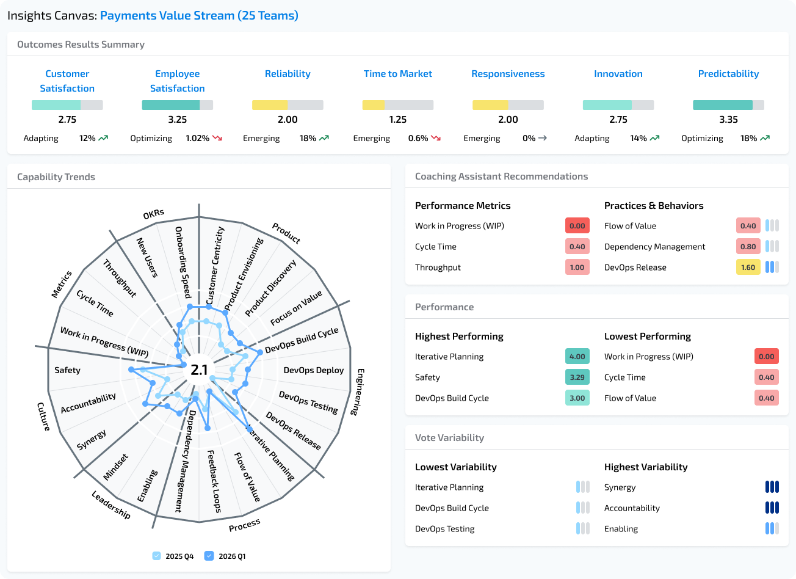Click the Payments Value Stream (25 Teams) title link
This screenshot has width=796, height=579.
pyautogui.click(x=199, y=15)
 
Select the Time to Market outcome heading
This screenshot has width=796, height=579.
pyautogui.click(x=397, y=74)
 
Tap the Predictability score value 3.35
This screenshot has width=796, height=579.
pyautogui.click(x=728, y=120)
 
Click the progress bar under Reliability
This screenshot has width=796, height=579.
pyautogui.click(x=288, y=105)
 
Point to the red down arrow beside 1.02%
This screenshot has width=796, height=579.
pyautogui.click(x=217, y=139)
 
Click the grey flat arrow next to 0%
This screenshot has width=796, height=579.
pyautogui.click(x=542, y=139)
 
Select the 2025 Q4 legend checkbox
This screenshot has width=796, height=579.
pyautogui.click(x=157, y=556)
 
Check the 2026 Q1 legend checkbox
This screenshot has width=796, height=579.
pyautogui.click(x=209, y=556)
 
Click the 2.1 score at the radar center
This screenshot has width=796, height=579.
pyautogui.click(x=199, y=370)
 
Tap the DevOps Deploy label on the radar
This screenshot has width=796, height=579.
pyautogui.click(x=313, y=370)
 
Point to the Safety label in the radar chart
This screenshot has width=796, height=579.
pyautogui.click(x=67, y=370)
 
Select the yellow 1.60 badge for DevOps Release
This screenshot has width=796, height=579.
pyautogui.click(x=748, y=268)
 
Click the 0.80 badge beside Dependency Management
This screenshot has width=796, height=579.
pyautogui.click(x=748, y=247)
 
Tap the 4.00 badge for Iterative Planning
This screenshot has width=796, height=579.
pyautogui.click(x=577, y=357)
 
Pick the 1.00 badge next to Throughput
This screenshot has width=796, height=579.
pyautogui.click(x=577, y=268)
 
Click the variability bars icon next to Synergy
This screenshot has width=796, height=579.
pyautogui.click(x=772, y=487)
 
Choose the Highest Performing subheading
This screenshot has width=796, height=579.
pyautogui.click(x=459, y=337)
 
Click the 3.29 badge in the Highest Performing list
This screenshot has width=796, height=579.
pyautogui.click(x=577, y=377)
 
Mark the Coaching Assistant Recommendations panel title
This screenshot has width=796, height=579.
pyautogui.click(x=501, y=177)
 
